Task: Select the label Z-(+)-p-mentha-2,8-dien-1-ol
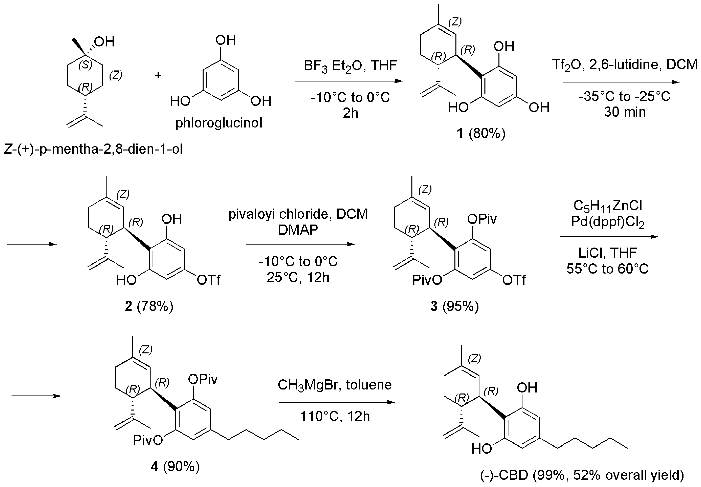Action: [x=93, y=149]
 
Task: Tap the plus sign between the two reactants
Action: [x=158, y=75]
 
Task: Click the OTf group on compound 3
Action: [x=514, y=280]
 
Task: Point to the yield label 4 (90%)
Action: [x=175, y=466]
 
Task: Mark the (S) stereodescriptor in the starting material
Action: [x=85, y=65]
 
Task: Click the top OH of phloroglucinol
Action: [x=226, y=40]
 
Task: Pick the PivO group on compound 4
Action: [x=148, y=440]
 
